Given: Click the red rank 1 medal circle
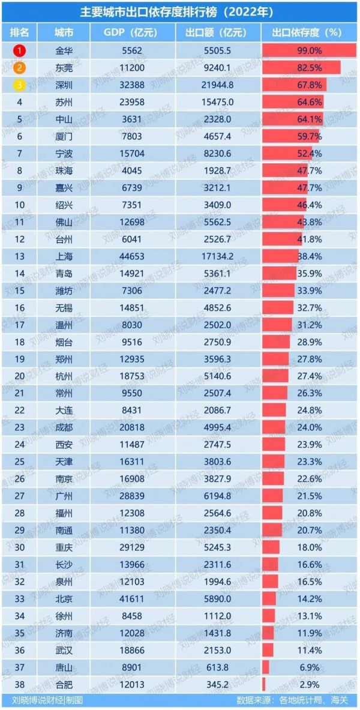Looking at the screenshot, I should tap(20, 51).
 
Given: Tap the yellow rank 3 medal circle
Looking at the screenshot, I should tap(20, 85).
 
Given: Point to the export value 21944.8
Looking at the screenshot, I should tap(219, 85).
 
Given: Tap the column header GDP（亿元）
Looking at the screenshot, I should tap(131, 32).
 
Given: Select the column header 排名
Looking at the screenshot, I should tap(20, 32).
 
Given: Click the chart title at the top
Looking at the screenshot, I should tap(179, 11).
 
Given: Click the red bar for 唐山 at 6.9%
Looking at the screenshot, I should tap(266, 667).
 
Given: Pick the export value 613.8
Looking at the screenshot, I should tap(219, 667).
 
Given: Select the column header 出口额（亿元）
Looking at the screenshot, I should tap(218, 32).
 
